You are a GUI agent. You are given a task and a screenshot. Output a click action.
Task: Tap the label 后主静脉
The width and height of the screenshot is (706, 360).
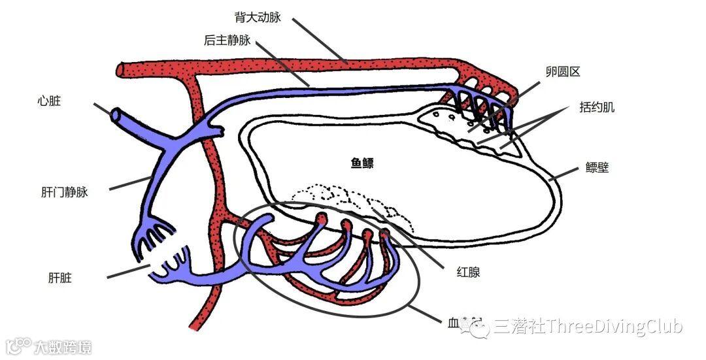pos(227,41)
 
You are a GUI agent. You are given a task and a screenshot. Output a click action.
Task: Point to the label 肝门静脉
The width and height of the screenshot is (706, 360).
pos(64,192)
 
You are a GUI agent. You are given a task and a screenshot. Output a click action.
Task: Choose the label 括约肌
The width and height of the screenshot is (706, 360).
pos(597,107)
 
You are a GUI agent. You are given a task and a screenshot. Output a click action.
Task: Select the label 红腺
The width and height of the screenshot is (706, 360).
pos(468,272)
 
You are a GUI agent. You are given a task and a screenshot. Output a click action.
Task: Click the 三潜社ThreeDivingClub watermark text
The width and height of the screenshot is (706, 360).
pos(588,326)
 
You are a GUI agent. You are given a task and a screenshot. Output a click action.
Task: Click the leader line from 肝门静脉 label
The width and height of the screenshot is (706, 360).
pos(131,183)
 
